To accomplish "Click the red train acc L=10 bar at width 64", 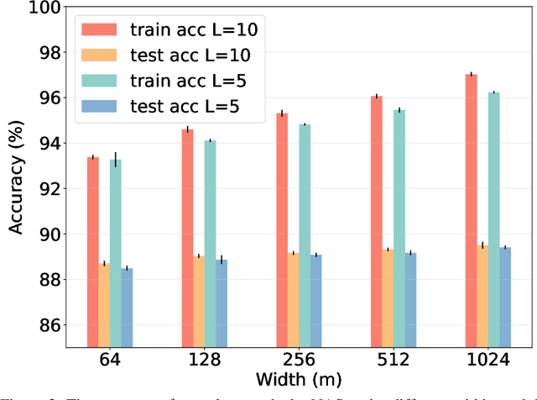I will click(92, 252).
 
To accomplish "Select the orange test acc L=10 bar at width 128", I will click(198, 302).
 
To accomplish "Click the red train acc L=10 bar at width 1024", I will click(472, 210).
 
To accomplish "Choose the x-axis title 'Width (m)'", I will click(293, 382).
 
